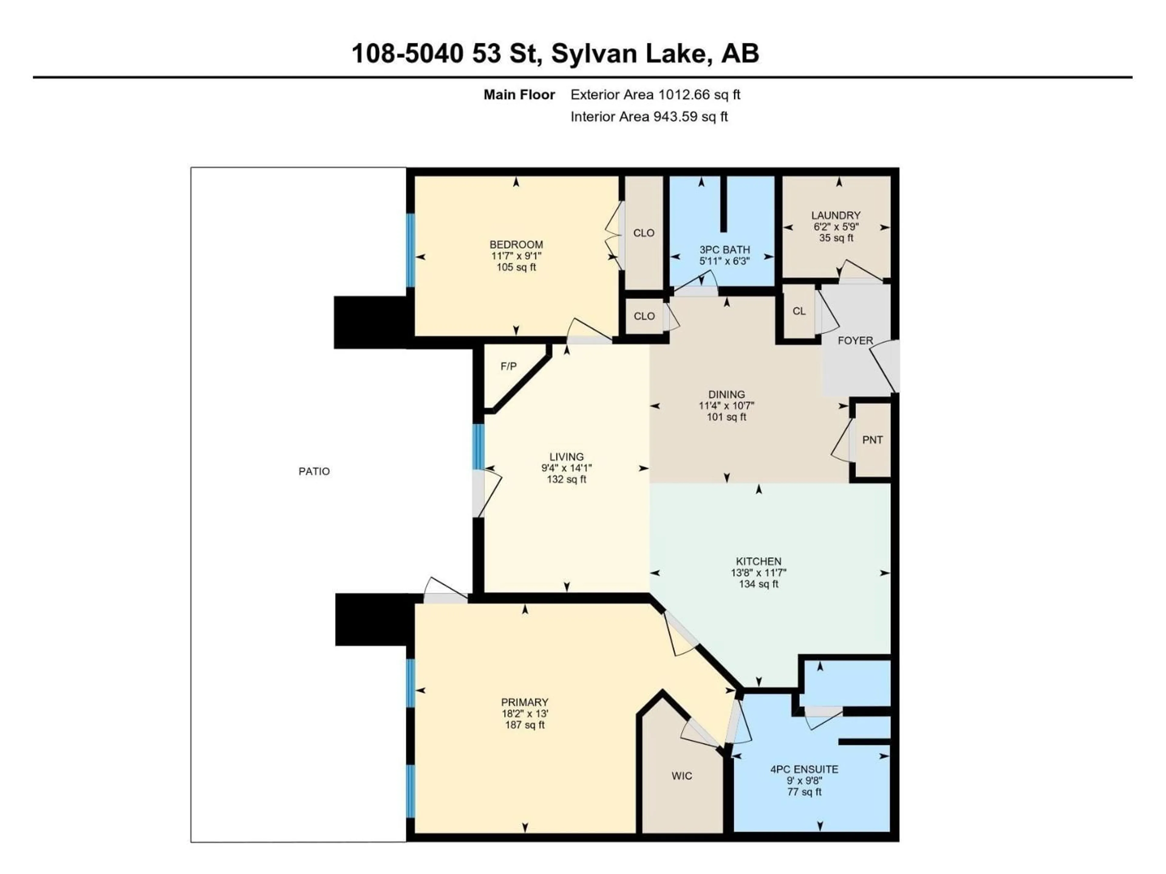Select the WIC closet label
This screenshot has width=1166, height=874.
tap(682, 775)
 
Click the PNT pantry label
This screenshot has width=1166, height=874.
tap(872, 440)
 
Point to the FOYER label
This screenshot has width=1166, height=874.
tap(855, 341)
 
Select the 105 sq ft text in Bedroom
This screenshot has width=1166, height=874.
tap(516, 267)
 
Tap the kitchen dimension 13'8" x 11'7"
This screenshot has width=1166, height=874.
tap(759, 573)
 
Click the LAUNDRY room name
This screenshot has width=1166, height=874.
tap(836, 215)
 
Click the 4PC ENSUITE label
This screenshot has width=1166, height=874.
tap(804, 769)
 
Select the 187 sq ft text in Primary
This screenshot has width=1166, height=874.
tap(524, 725)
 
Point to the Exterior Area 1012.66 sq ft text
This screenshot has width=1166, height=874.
tap(655, 95)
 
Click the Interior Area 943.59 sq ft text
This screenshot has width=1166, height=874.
tap(649, 117)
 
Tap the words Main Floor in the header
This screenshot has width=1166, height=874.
tap(519, 95)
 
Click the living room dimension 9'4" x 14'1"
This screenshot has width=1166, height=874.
tap(567, 468)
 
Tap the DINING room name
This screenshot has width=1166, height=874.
tap(726, 394)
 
